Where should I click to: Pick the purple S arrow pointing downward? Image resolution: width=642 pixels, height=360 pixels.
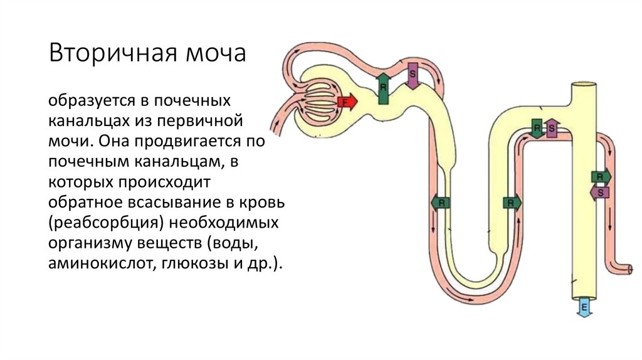[x=413, y=75]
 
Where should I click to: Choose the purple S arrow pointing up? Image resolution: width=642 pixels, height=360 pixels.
[x=551, y=128]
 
